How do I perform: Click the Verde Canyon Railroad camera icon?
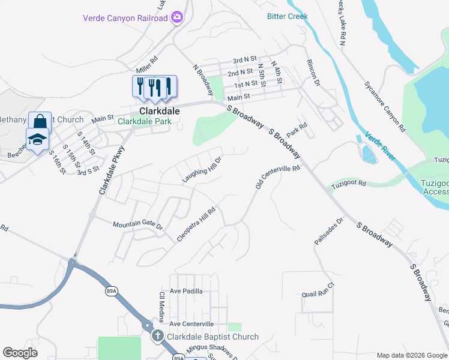177,17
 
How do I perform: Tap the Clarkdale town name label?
160,111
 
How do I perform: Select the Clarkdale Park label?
144,121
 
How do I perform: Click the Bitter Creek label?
288,16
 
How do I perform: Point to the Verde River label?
380,145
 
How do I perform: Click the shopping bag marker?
40,121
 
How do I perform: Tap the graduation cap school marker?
37,139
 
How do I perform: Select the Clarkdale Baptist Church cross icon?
158,337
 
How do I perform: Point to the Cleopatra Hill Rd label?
196,224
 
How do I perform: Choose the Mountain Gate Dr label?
138,225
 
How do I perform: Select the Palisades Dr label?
328,232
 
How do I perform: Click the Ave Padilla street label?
186,291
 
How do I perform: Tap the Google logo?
20,353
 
